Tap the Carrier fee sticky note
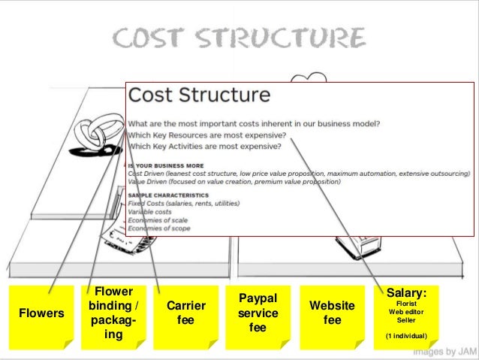(x=185, y=313)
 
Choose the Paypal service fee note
(x=258, y=313)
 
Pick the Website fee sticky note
(x=332, y=313)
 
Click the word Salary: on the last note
(x=406, y=292)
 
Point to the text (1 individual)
(x=406, y=335)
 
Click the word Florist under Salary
(x=406, y=303)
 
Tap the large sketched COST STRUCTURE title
(x=239, y=38)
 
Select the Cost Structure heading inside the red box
(x=199, y=95)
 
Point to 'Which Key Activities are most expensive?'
(x=205, y=146)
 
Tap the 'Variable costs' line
(x=150, y=210)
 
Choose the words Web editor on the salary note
(x=406, y=311)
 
